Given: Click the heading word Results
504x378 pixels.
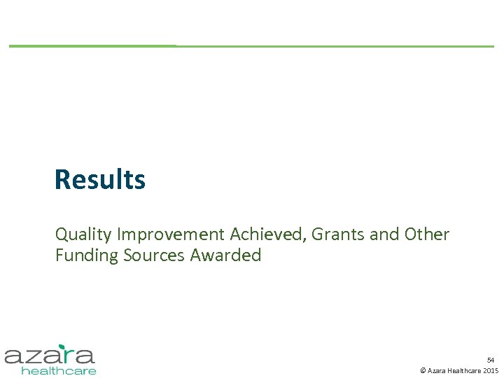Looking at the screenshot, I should tap(100, 180).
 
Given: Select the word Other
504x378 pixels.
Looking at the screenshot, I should tap(427, 234).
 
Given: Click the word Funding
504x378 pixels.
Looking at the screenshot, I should tap(87, 255).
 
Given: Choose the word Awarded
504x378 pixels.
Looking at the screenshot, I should tap(225, 255).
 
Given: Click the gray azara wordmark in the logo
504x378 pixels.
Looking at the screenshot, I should tap(49, 356).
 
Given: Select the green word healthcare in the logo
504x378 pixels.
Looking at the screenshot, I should tap(59, 370).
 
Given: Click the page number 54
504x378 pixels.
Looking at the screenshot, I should tap(491, 359).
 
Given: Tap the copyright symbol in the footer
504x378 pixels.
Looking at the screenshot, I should tap(422, 370).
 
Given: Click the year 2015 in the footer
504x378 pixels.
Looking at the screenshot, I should tap(491, 370).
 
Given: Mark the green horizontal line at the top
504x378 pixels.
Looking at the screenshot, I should tap(252, 46).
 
